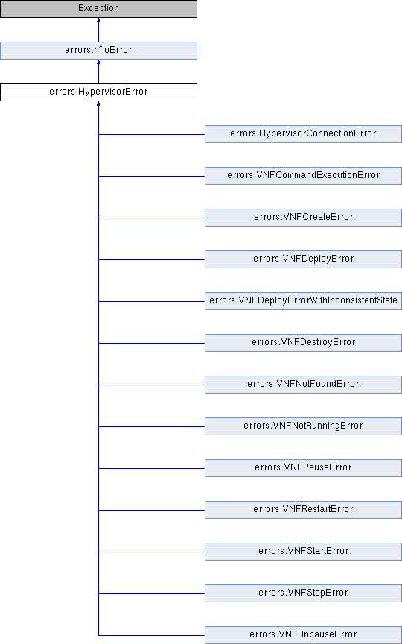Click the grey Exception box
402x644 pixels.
(98, 9)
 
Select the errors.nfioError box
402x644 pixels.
(98, 51)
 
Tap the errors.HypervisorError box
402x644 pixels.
(98, 92)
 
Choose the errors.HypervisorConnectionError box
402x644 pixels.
(303, 134)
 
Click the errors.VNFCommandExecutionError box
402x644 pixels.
(303, 176)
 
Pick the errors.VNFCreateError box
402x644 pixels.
(303, 217)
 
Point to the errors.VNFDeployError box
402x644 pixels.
(303, 259)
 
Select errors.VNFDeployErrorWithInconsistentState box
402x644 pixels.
(303, 301)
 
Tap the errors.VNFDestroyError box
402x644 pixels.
(303, 343)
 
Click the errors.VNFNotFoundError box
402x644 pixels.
(303, 385)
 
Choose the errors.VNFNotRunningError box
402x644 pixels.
(303, 426)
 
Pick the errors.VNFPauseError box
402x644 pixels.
(303, 468)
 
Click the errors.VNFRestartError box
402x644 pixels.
(303, 510)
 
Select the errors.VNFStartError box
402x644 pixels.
(303, 551)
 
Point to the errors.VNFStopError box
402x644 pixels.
(303, 593)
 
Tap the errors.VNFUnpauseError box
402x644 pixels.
(303, 635)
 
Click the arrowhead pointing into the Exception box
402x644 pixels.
(98, 20)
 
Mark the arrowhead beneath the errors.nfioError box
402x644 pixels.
(98, 62)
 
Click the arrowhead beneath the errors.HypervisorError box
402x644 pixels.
(98, 104)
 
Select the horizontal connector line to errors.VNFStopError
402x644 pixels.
(152, 593)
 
